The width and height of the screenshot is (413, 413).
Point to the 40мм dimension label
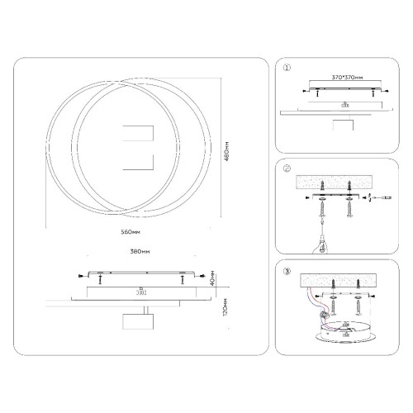(x=213, y=277)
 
